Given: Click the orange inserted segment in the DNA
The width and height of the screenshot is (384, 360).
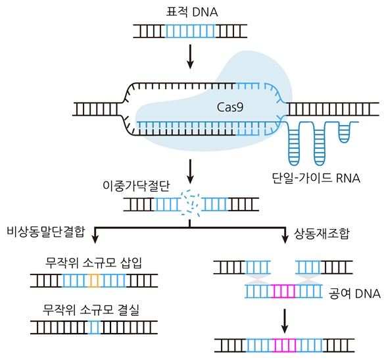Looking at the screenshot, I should [x=95, y=281].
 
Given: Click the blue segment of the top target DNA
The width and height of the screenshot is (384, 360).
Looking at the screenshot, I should [x=190, y=30].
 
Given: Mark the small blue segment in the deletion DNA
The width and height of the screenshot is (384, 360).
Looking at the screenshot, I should [x=95, y=325].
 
